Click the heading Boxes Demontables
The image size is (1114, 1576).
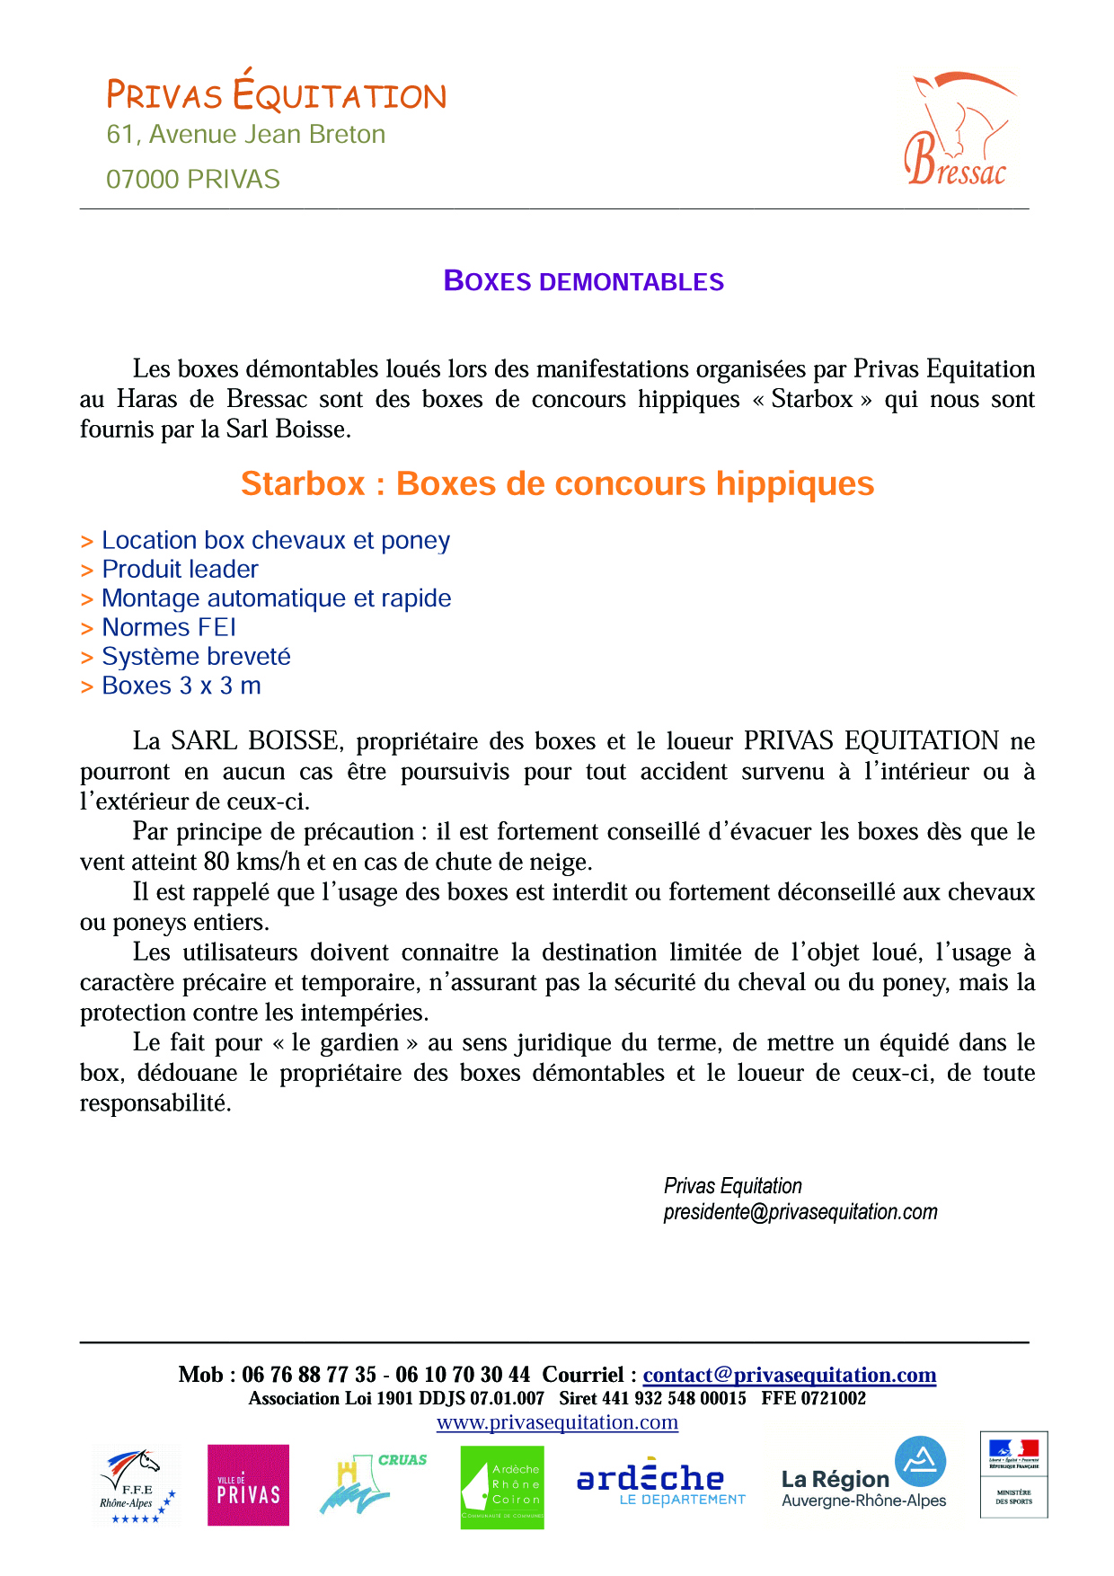584,281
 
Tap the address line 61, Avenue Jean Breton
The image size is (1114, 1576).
245,135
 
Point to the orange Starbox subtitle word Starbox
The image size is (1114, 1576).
303,484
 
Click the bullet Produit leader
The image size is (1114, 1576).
180,570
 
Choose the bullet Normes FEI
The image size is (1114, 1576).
169,628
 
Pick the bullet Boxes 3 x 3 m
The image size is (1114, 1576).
181,686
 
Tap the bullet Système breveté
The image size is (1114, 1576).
196,657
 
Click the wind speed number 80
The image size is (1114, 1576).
217,862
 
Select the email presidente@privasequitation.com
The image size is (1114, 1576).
800,1212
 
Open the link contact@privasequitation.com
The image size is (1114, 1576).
789,1375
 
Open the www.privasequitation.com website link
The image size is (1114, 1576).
557,1422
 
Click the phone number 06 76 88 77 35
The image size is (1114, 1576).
309,1375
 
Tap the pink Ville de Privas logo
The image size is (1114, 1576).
248,1485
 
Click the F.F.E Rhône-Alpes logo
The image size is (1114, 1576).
136,1486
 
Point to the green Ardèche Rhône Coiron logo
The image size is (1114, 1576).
502,1486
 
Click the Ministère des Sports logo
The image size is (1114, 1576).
1013,1474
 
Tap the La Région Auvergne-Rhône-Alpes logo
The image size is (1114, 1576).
864,1474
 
